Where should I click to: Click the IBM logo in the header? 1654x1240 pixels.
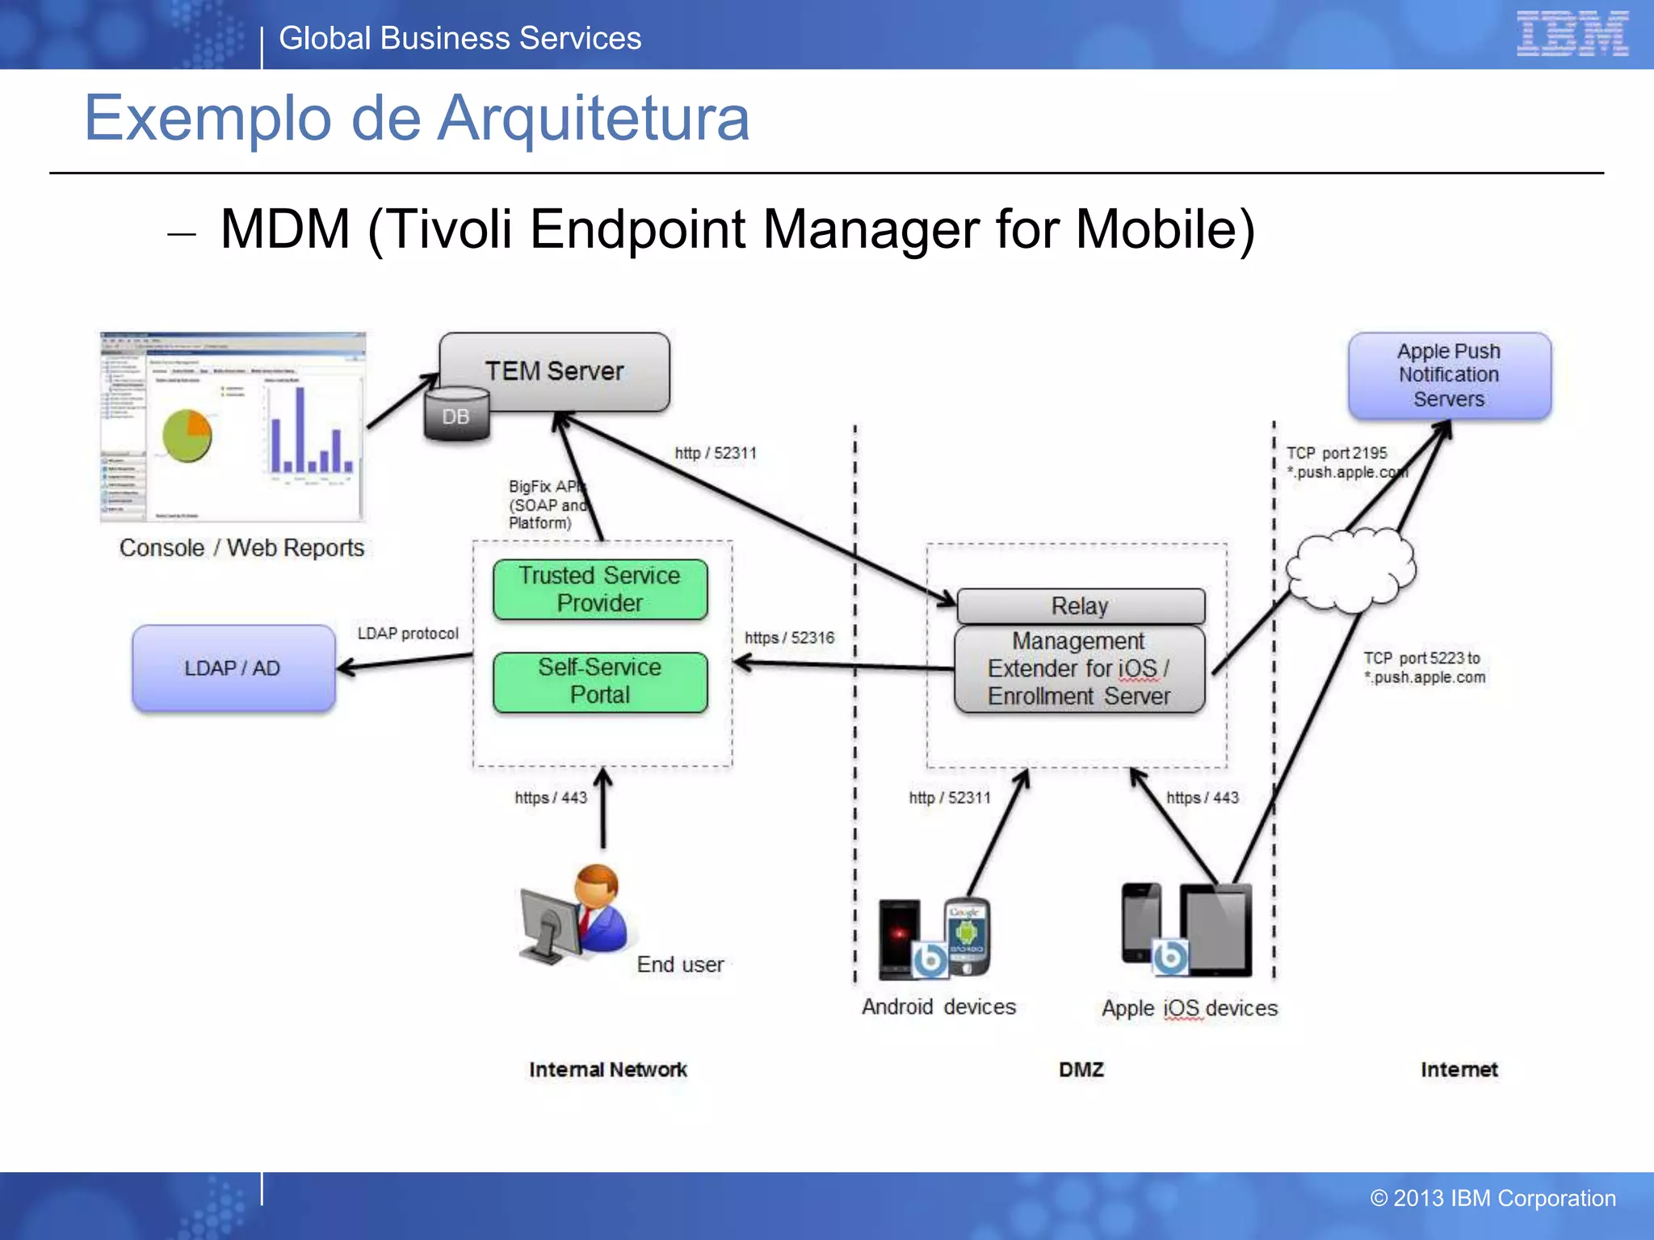[x=1572, y=34]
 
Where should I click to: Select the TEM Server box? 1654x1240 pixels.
[x=555, y=371]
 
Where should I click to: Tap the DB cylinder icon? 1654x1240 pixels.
[x=456, y=415]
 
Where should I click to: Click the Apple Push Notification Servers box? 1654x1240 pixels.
[x=1449, y=375]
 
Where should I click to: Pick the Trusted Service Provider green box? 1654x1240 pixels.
[x=600, y=589]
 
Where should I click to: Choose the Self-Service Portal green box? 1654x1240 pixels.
[x=600, y=681]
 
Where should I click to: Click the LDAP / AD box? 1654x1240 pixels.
[x=233, y=668]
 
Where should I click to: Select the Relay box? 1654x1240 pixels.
[x=1080, y=605]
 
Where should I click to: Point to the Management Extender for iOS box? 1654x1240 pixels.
[x=1079, y=669]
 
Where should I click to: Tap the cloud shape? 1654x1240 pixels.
[x=1350, y=569]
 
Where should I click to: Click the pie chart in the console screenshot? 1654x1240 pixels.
[x=187, y=435]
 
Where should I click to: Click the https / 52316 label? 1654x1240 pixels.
[x=789, y=638]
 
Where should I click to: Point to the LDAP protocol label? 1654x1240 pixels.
[x=408, y=634]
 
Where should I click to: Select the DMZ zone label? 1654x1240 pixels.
[x=1081, y=1070]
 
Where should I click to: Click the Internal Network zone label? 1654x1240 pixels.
[x=608, y=1070]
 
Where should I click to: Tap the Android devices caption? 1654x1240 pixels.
[x=938, y=1007]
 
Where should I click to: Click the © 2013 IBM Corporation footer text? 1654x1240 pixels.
[x=1493, y=1198]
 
